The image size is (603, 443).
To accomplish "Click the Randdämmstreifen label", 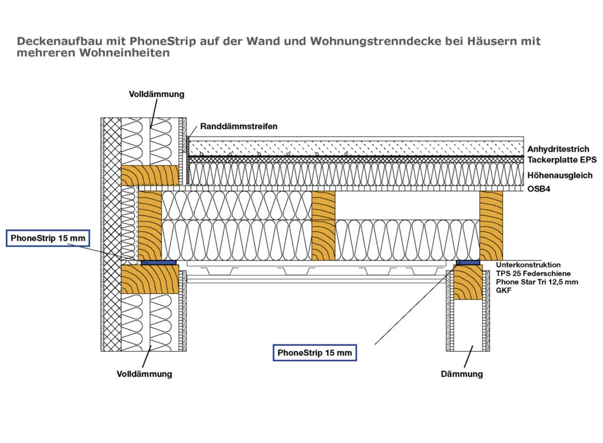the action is coord(238,127).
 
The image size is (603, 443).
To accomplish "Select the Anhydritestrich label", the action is coord(558,149).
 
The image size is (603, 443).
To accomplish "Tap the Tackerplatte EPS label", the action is coord(562,160).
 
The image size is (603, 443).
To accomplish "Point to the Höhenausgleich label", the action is coord(559,176).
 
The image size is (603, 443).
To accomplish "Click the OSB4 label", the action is coord(539,189).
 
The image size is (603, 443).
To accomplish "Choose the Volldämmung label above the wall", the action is coord(157,94).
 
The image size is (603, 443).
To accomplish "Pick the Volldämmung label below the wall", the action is coord(144,373).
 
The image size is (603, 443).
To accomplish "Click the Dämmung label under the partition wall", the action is coord(462,373).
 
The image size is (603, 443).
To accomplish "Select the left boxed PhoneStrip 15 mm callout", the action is coord(48,238).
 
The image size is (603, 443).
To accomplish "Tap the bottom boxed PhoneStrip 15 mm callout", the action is coord(314,353).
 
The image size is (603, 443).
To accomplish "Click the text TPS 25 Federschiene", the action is coord(533,273).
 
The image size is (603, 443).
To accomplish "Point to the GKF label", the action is coord(503,290).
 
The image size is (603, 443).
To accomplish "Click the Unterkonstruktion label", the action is coord(528,265).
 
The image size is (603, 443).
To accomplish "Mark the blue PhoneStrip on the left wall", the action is coord(158,263).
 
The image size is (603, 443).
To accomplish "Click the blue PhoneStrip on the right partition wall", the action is coord(468,263).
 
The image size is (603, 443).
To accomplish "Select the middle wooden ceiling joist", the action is coord(323,226).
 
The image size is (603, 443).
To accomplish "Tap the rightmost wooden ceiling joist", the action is coord(491,226).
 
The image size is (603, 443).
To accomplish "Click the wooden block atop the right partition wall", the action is coord(468,282).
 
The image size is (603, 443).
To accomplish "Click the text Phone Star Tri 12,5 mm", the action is coord(537,282).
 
